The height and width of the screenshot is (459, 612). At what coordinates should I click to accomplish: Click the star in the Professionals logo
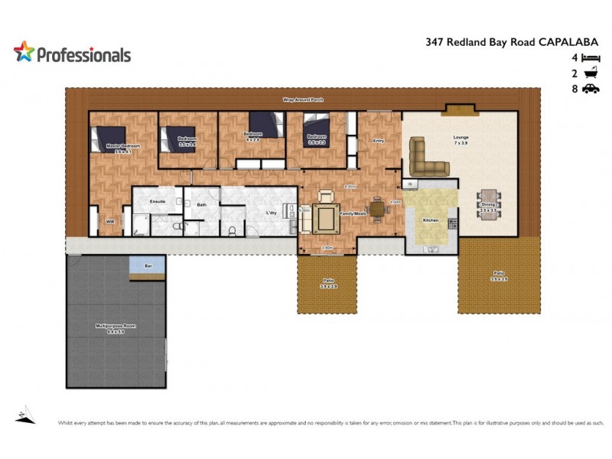point(24,52)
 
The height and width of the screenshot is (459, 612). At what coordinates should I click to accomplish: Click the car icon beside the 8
point(590,89)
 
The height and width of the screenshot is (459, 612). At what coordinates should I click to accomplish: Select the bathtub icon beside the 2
point(590,73)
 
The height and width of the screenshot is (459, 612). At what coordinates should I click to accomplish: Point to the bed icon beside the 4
point(590,58)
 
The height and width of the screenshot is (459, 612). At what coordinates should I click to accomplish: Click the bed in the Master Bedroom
point(106,140)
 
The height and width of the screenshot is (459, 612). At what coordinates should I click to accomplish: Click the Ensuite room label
point(158,201)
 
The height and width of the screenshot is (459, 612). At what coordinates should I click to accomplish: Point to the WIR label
point(110,223)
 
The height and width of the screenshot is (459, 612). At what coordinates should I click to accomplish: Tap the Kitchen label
point(431,220)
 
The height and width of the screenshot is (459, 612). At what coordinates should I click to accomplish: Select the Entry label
point(379,141)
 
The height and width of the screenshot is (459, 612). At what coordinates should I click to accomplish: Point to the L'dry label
point(271,213)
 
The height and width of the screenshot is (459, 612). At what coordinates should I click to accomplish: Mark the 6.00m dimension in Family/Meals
point(350,187)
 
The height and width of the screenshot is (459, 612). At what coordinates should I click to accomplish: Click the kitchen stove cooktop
point(452,223)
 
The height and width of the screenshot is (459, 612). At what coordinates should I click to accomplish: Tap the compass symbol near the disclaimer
point(24,414)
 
